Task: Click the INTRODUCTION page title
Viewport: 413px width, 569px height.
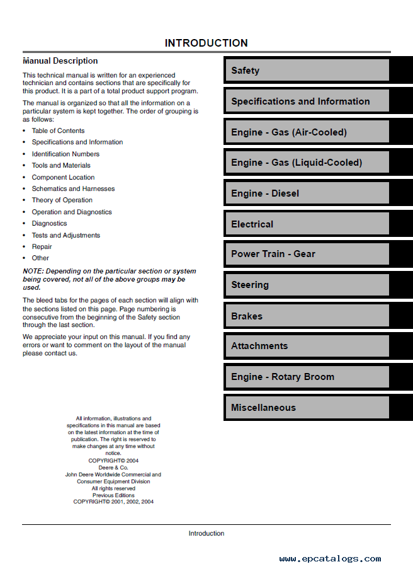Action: pos(206,43)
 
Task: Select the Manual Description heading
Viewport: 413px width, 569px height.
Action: pos(60,61)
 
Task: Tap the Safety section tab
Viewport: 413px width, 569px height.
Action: pos(307,71)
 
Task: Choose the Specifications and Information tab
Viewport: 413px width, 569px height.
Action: pos(307,101)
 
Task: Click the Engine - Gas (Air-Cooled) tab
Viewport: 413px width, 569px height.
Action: pos(307,132)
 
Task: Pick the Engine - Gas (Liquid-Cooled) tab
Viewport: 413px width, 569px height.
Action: pos(307,163)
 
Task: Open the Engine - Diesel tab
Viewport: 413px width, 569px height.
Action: pos(307,193)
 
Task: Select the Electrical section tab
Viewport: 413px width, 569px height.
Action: pos(307,224)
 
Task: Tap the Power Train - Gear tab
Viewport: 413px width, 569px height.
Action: pos(307,254)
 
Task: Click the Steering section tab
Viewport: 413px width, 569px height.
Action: pos(307,285)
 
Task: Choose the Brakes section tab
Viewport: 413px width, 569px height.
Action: pos(307,316)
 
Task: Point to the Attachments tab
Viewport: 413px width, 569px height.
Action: pos(307,346)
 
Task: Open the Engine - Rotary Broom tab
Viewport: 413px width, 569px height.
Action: pos(307,377)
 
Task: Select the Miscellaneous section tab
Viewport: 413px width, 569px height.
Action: pos(307,408)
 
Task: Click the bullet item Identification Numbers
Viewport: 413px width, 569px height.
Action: pos(65,154)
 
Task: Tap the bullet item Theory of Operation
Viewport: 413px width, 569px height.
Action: pos(62,200)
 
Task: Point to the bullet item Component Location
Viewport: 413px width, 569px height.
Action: pos(63,177)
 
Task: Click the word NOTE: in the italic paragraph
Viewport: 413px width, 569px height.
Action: pos(34,271)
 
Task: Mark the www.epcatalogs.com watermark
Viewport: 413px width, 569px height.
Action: pos(330,558)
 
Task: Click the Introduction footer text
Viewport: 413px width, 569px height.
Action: pos(206,534)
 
